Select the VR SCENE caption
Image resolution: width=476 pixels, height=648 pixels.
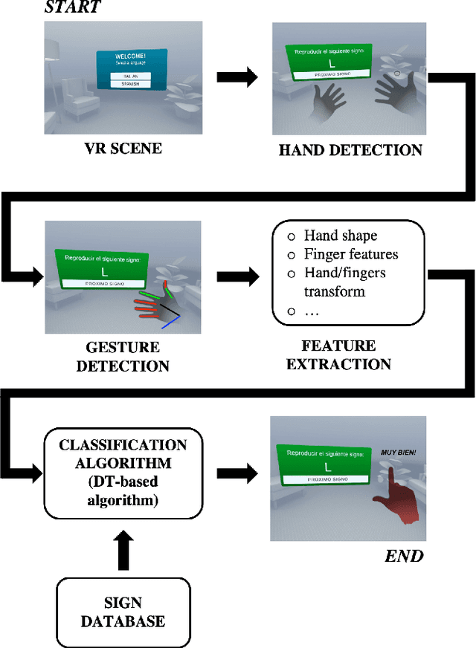coord(123,148)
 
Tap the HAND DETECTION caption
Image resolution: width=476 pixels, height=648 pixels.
coord(350,150)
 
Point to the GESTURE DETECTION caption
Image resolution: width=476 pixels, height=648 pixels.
coord(123,357)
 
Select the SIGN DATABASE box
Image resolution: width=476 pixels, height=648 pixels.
coord(123,612)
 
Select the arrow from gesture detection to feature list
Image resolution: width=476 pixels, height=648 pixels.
coord(237,277)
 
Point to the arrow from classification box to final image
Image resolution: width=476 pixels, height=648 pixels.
coord(237,472)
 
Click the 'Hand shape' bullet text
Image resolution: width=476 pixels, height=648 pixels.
coord(341,236)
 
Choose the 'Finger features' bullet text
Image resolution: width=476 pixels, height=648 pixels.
coord(351,254)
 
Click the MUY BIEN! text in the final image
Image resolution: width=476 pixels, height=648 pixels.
coord(398,451)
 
